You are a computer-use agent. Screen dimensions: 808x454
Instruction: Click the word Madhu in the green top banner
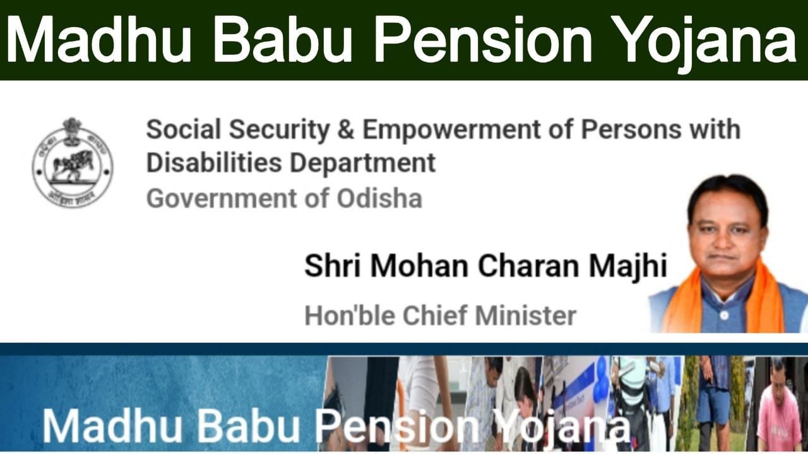[98, 40]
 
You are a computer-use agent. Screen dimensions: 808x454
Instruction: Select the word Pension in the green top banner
[483, 40]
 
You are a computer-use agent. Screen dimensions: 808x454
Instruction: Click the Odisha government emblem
[72, 162]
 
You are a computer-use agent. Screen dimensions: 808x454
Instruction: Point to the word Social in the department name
[183, 129]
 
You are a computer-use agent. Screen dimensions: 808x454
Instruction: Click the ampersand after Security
[345, 129]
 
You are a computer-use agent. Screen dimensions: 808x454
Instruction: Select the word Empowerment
[451, 129]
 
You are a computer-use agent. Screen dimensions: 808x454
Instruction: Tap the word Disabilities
[214, 163]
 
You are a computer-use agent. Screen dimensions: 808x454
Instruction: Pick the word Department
[363, 164]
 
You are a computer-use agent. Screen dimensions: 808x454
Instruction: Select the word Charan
[529, 266]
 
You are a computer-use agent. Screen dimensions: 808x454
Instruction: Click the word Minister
[526, 316]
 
